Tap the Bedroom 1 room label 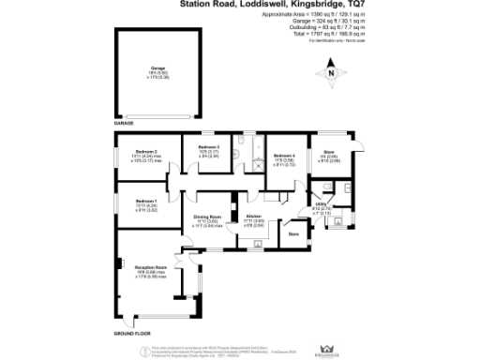144,202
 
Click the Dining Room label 208,217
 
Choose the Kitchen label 252,217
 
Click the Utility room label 320,203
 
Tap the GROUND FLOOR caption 132,334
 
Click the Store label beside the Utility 292,233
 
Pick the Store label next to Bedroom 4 328,152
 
